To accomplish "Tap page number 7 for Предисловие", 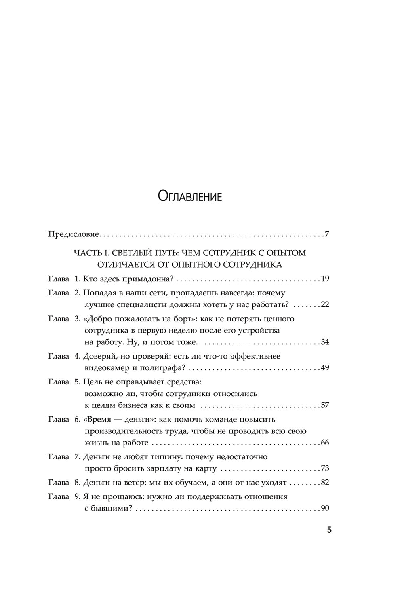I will click(x=327, y=234).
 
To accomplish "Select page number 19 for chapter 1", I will click(x=325, y=279).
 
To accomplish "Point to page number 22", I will click(x=325, y=304).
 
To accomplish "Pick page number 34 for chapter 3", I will click(x=325, y=342).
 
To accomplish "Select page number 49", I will click(x=325, y=368).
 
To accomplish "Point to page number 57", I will click(x=325, y=405).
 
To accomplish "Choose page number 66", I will click(x=325, y=443).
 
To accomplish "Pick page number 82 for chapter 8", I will click(x=325, y=483).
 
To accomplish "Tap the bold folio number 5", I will click(x=329, y=530).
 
